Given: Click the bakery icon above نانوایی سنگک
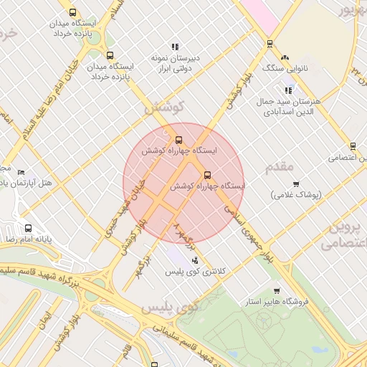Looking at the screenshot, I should [x=285, y=57].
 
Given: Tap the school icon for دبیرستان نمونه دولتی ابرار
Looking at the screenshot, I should [x=175, y=47].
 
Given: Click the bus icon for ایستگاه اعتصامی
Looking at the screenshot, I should [x=352, y=146].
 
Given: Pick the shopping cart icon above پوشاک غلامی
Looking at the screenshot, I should [x=296, y=184].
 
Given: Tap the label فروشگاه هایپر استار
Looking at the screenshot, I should [x=276, y=302].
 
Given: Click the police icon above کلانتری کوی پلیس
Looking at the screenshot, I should [x=195, y=260].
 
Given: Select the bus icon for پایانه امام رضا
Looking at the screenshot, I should [x=28, y=228].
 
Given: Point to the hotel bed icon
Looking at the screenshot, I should [x=21, y=173].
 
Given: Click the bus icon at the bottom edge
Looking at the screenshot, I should [x=154, y=363].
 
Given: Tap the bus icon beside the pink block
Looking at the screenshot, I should [x=270, y=43].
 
